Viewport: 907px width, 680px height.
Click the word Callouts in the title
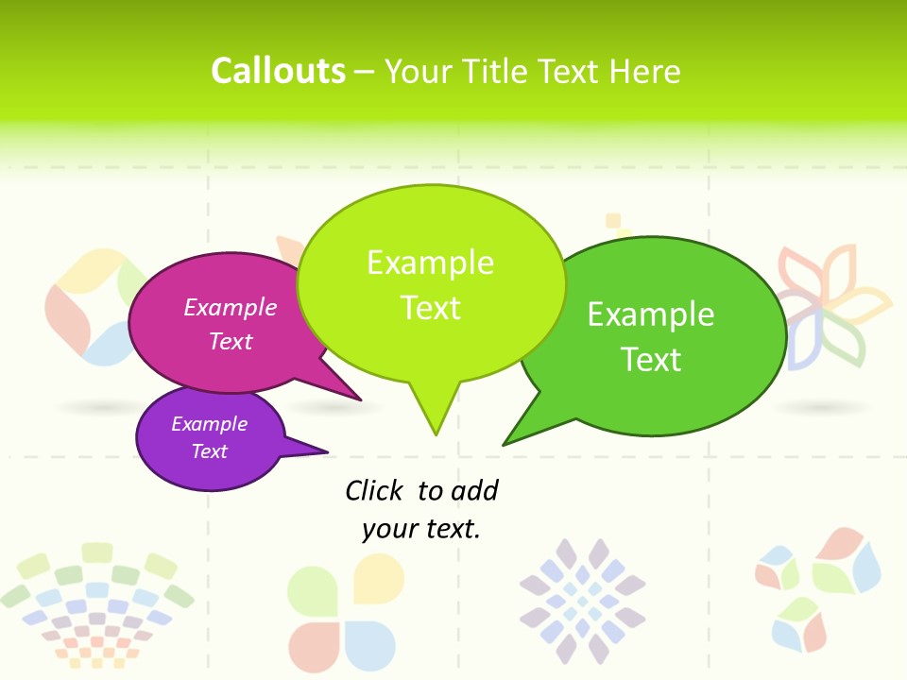(x=278, y=71)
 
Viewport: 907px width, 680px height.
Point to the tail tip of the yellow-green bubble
(x=436, y=433)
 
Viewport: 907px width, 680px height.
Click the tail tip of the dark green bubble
(x=505, y=443)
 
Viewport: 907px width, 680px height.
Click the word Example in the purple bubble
(x=209, y=424)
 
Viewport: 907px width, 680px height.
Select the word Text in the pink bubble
(x=231, y=341)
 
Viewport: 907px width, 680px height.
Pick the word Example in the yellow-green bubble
(x=430, y=263)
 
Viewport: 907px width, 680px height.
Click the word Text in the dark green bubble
(x=651, y=359)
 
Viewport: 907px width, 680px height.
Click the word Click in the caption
(x=374, y=490)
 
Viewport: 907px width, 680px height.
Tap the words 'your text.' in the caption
(x=421, y=529)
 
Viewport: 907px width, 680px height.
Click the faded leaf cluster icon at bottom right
(x=818, y=587)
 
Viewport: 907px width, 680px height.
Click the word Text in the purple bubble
(x=209, y=451)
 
